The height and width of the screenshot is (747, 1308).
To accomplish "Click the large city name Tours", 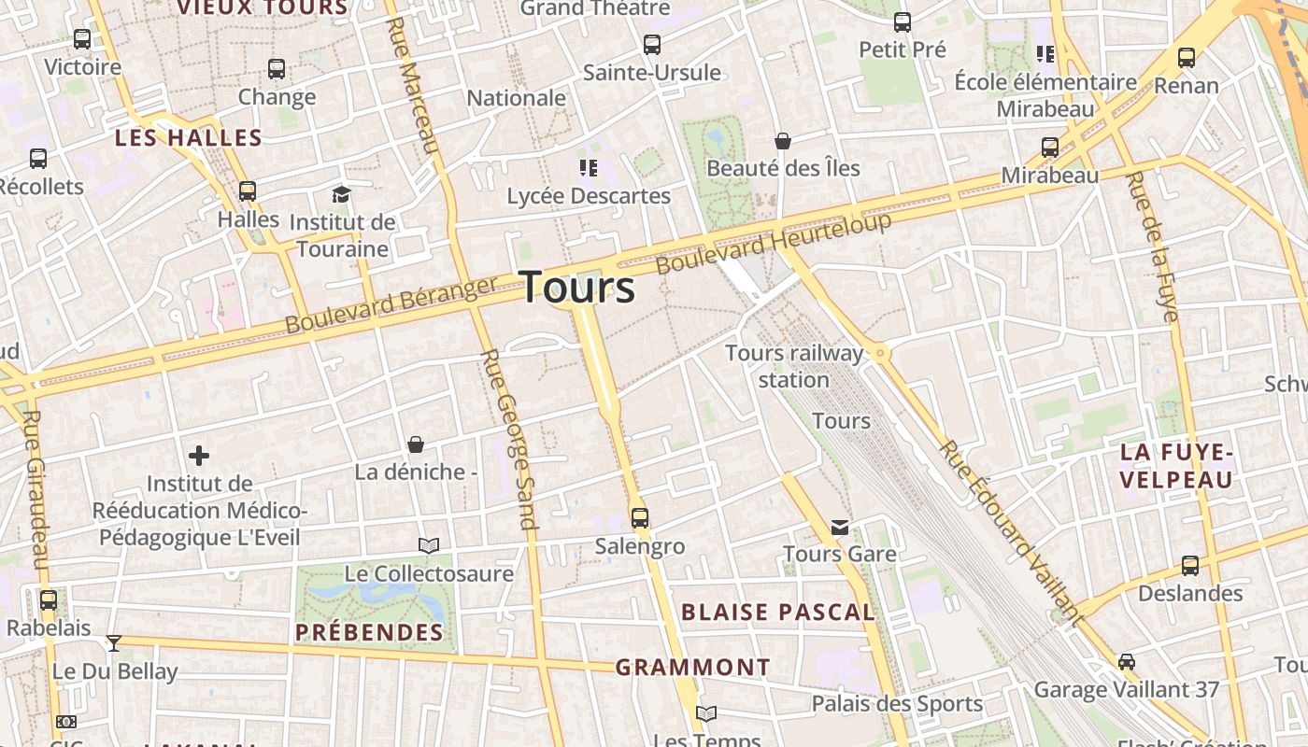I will [577, 287].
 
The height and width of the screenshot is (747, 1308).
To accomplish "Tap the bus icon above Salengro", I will [640, 517].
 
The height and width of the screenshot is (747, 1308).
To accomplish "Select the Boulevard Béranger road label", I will [391, 305].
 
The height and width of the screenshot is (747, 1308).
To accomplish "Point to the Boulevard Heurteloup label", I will [774, 244].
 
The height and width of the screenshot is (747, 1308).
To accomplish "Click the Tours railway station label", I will [794, 366].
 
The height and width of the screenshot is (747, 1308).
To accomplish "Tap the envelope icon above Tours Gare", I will [840, 528].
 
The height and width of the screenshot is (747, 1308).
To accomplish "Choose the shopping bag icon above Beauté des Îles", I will [783, 141].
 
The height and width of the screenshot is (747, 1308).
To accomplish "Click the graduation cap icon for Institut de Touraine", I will [341, 194].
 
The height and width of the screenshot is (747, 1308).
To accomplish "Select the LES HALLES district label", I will [188, 138].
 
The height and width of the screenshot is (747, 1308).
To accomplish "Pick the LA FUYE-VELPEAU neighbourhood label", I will [1176, 466].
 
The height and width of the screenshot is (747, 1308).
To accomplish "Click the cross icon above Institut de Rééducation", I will [199, 456].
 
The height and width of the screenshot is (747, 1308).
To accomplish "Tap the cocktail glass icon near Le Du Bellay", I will [114, 642].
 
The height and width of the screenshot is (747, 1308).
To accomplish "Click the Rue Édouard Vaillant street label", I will [1011, 532].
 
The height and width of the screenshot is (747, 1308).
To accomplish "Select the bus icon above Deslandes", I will [1190, 565].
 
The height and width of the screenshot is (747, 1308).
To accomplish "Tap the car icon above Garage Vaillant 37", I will [1127, 661].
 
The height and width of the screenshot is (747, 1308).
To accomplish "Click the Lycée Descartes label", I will [589, 196].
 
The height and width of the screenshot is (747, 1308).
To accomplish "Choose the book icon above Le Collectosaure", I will [429, 545].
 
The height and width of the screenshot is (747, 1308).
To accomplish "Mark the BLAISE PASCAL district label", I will [777, 613].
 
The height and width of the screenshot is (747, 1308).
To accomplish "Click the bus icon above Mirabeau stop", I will [1050, 148].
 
